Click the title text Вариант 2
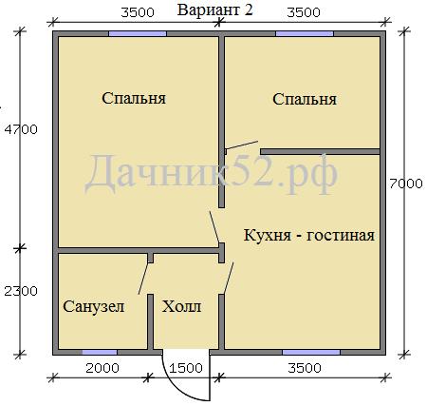click(215, 10)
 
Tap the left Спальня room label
click(134, 98)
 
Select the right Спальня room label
click(305, 99)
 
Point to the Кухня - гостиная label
click(309, 235)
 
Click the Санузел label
click(94, 306)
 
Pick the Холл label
click(181, 306)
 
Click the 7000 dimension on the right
click(406, 184)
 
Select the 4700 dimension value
click(21, 129)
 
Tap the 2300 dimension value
click(21, 291)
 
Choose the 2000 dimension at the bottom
click(102, 368)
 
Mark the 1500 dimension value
click(186, 368)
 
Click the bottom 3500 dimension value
click(305, 368)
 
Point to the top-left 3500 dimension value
click(138, 12)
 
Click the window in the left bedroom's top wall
click(138, 33)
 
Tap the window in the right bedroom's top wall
click(305, 33)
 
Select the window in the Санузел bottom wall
click(100, 353)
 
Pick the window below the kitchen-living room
click(311, 353)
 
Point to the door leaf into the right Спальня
click(241, 145)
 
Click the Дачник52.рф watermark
click(211, 175)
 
